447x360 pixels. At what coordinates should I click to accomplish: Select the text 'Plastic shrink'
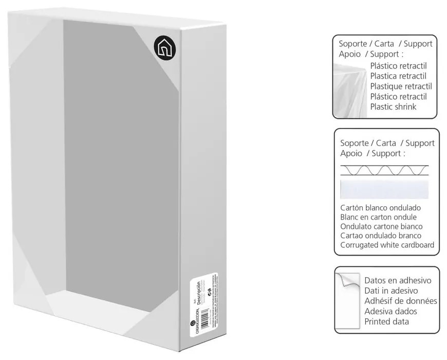click(x=393, y=107)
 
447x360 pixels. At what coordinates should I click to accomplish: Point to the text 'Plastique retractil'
click(x=401, y=86)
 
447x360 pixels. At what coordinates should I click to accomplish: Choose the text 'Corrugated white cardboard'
click(x=387, y=245)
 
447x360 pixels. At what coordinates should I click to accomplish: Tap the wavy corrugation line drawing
click(x=384, y=170)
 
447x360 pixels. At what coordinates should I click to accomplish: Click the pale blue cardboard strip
click(x=384, y=189)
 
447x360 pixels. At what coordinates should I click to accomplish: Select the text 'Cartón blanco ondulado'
click(x=381, y=208)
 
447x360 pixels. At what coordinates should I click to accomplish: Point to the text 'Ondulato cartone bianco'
click(x=381, y=226)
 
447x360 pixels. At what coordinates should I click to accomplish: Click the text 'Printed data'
click(x=386, y=321)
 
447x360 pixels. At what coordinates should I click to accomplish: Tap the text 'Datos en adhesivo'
click(x=397, y=281)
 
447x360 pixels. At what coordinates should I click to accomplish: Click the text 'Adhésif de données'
click(x=400, y=301)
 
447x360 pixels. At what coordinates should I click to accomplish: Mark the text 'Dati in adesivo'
click(x=392, y=291)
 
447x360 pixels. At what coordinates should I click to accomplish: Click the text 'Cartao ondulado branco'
click(x=381, y=236)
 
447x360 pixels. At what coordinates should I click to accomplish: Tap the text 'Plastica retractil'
click(x=398, y=76)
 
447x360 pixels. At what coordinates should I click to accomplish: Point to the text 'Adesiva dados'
click(x=390, y=311)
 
